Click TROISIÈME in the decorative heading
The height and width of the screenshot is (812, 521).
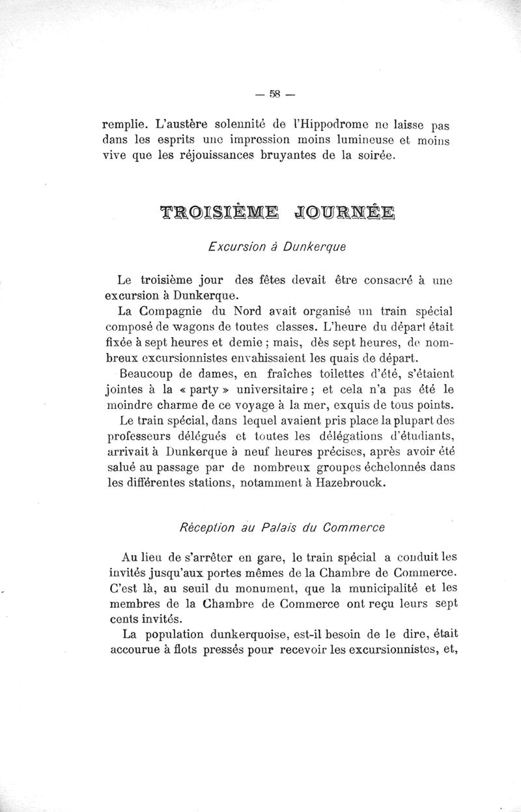(218, 212)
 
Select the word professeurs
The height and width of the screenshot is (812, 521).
(140, 438)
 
